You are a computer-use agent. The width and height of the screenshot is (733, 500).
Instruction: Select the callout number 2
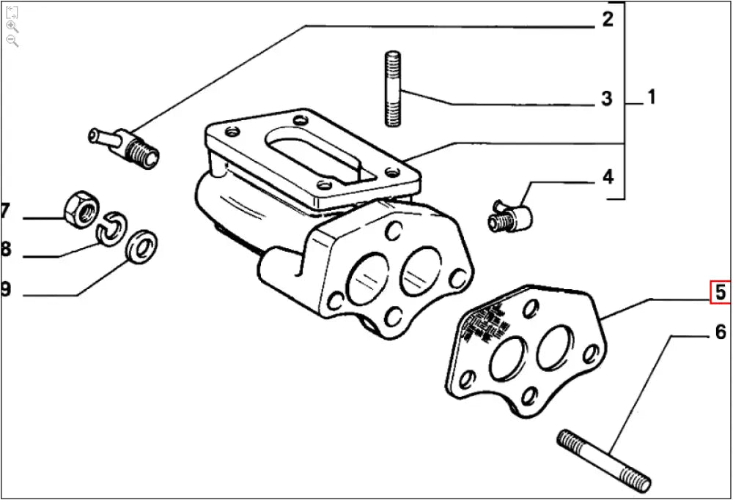(607, 20)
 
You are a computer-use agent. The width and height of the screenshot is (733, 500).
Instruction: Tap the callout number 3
(607, 98)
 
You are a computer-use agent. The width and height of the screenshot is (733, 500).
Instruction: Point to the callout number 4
(608, 177)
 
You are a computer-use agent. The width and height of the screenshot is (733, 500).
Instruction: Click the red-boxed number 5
(720, 293)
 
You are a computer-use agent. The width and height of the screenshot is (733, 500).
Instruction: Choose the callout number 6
(720, 334)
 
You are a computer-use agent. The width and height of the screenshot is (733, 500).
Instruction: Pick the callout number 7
(4, 212)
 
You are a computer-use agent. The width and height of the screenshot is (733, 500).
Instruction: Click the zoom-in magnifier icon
(12, 26)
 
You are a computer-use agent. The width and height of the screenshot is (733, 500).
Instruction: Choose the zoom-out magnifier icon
(12, 40)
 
